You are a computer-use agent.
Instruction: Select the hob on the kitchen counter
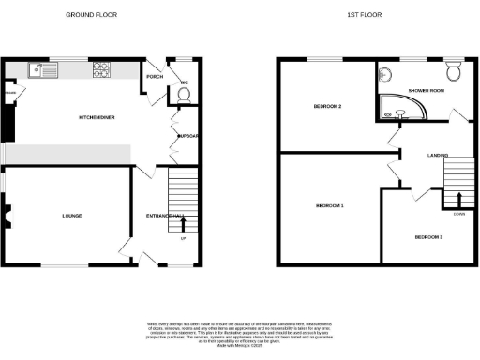tap(101, 68)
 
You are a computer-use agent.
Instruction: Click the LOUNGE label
tap(71, 216)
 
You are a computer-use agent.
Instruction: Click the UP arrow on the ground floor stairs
tap(183, 225)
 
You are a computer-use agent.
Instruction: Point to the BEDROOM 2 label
tap(327, 106)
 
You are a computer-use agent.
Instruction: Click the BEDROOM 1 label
tap(329, 204)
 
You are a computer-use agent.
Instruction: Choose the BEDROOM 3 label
tap(428, 237)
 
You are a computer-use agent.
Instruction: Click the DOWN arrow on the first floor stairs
tap(457, 199)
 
